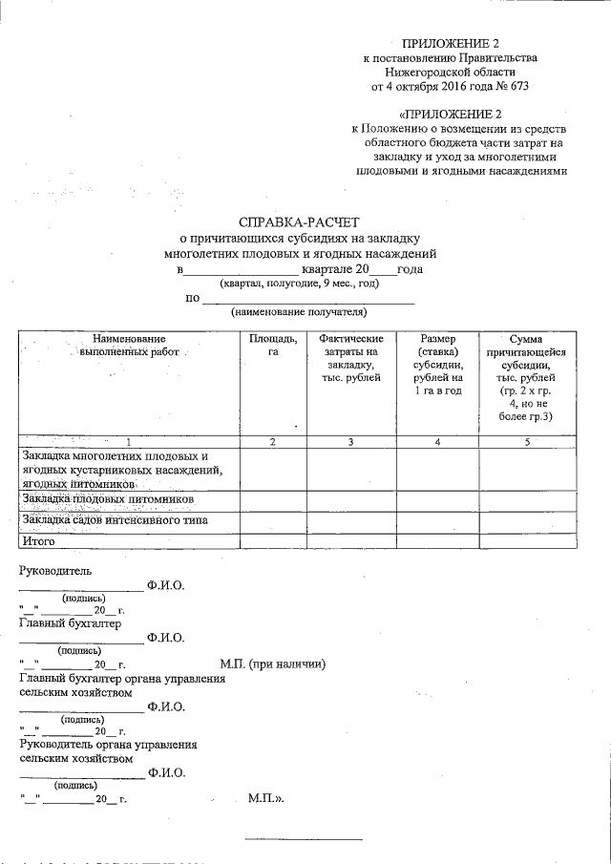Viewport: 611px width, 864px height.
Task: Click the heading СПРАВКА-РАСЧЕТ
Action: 300,222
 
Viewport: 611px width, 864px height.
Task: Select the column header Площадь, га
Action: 272,346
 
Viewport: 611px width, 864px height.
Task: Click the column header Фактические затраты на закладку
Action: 351,358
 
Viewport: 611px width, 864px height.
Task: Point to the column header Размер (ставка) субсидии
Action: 437,365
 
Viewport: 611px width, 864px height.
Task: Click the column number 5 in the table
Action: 526,441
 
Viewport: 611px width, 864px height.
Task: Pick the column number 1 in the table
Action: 129,441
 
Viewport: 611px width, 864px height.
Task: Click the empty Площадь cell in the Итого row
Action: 272,541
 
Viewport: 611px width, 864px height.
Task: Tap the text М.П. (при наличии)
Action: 273,664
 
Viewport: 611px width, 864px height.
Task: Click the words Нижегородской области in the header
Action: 450,72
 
